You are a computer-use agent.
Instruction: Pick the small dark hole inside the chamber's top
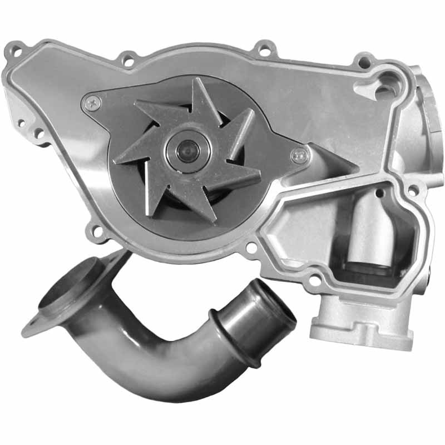tap(379, 194)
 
